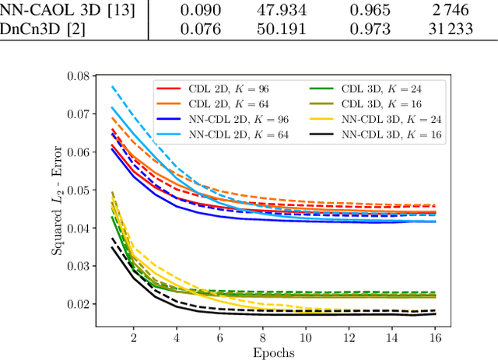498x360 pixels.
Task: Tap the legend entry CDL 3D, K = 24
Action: (368, 89)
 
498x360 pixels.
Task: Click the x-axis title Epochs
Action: (273, 352)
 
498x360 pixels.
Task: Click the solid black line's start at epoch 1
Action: (112, 247)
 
